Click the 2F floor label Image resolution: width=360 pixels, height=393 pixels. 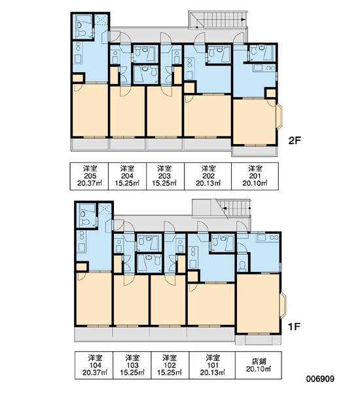tap(295, 141)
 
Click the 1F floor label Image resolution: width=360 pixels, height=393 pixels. tap(294, 327)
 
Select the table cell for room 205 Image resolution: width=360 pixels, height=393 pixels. tap(89, 176)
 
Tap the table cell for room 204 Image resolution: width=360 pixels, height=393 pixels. tap(127, 176)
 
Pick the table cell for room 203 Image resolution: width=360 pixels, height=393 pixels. tap(166, 176)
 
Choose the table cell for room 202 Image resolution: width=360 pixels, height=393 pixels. tap(208, 176)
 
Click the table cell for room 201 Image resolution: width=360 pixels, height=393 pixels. tap(255, 176)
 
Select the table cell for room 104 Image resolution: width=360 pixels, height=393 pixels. tap(94, 365)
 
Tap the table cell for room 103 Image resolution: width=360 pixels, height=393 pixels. tap(132, 365)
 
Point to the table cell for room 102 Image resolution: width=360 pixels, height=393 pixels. tap(170, 365)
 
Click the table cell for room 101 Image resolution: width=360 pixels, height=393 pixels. tap(212, 365)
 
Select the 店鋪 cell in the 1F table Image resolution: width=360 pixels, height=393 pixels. tap(259, 365)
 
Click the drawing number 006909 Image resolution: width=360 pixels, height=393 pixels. tap(320, 379)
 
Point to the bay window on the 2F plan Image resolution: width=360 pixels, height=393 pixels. tap(280, 117)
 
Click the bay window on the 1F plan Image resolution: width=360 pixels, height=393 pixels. tap(283, 305)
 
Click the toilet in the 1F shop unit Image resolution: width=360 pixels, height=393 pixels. tap(242, 267)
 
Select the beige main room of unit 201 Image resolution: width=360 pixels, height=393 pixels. tap(254, 122)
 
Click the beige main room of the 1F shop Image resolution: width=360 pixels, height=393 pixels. tap(258, 303)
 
